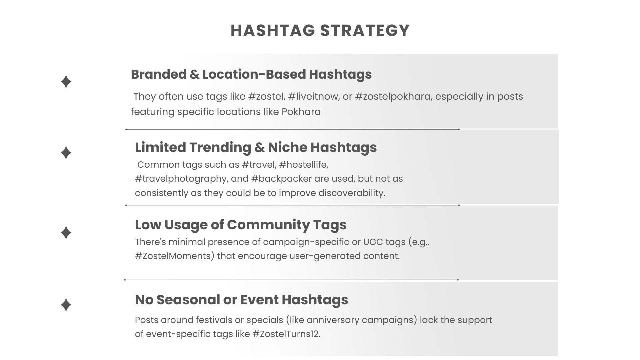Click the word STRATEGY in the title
pos(365,30)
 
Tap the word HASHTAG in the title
pos(273,30)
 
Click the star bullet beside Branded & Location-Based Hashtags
pos(66,82)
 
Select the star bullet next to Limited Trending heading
pos(66,153)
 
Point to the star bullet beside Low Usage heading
pos(66,233)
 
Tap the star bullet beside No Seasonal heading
pos(66,305)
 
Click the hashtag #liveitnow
pos(314,96)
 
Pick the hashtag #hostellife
pos(304,165)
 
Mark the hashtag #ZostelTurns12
pos(287,334)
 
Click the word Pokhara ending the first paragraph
pos(301,112)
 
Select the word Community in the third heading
pos(268,225)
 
